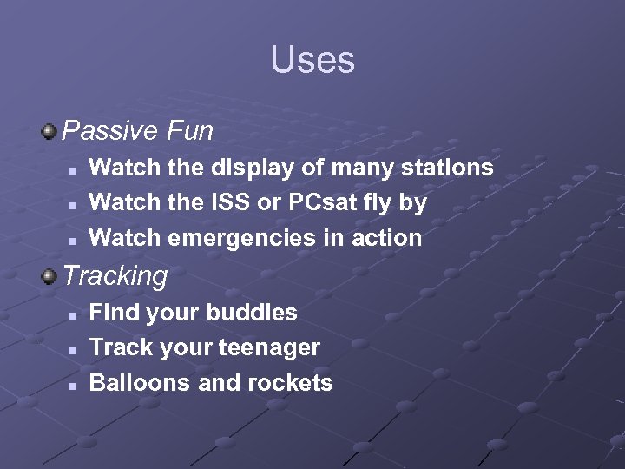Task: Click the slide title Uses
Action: point(312,60)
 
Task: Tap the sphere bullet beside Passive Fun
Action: point(49,132)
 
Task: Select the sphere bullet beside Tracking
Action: point(49,276)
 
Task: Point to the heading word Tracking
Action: point(115,276)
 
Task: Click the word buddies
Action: point(258,312)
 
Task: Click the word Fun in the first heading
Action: point(190,131)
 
